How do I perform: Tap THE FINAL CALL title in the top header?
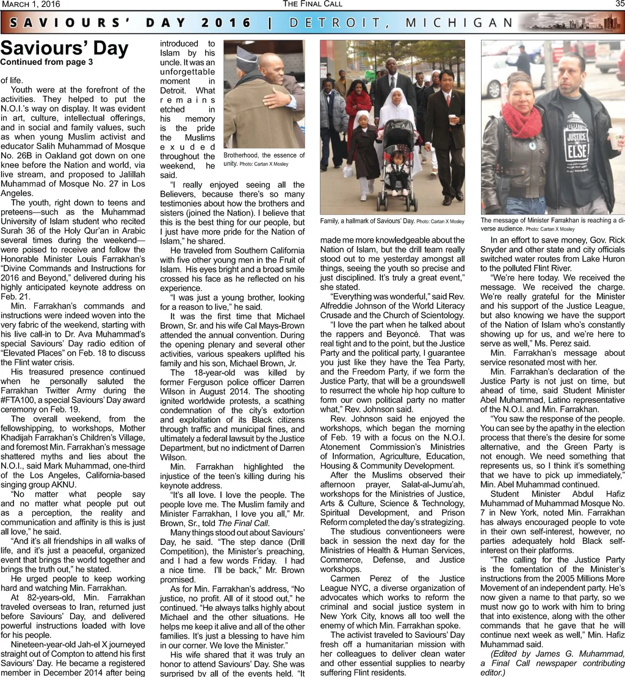(x=312, y=4)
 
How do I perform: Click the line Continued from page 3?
(x=46, y=62)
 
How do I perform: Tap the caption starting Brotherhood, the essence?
(x=264, y=159)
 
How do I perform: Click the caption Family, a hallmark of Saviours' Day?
(x=392, y=221)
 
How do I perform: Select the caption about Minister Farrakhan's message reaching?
(x=552, y=224)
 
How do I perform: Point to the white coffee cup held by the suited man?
(x=452, y=119)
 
